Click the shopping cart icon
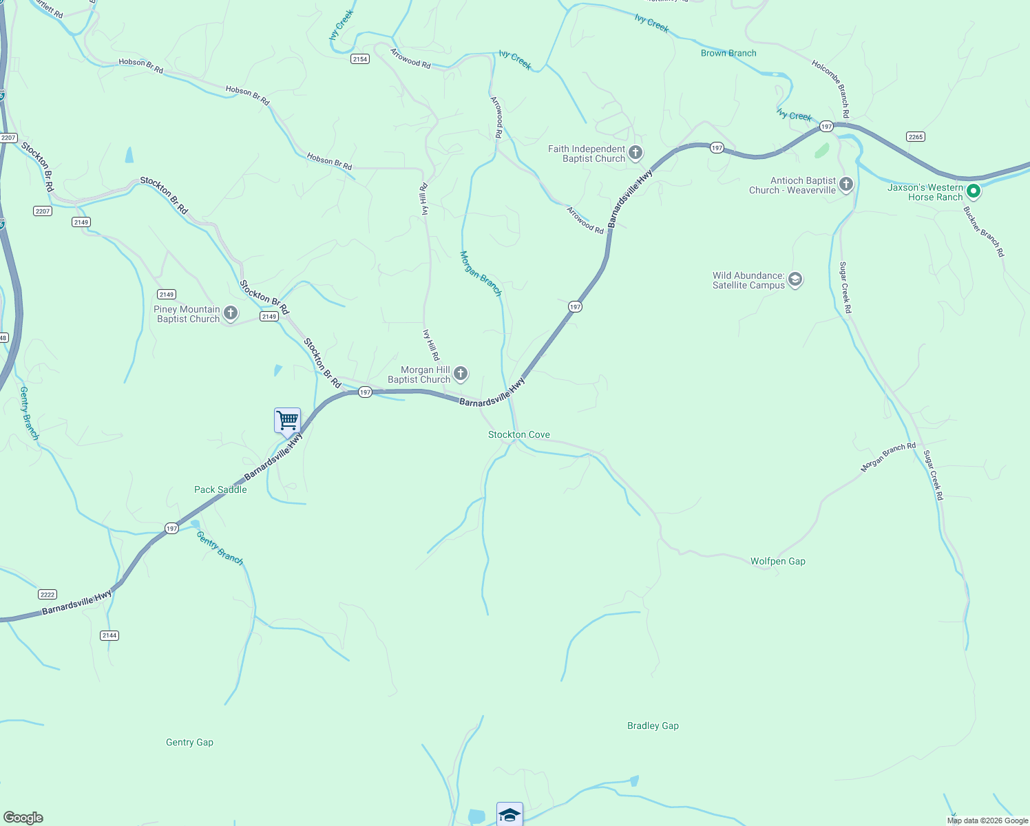[287, 419]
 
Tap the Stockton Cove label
[518, 434]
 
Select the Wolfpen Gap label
[777, 561]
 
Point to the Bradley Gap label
[653, 726]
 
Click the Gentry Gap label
[189, 742]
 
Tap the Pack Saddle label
[220, 489]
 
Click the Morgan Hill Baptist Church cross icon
[461, 374]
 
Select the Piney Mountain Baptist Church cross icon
[231, 314]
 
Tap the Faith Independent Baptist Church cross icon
[635, 153]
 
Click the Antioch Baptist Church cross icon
[846, 184]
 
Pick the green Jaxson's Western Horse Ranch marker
[973, 191]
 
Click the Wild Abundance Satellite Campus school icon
[795, 279]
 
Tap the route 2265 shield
[915, 136]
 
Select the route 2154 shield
[359, 59]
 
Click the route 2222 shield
[48, 595]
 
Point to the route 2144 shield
[109, 635]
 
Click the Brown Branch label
[728, 53]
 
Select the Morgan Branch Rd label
[888, 457]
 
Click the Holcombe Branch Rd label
[831, 89]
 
